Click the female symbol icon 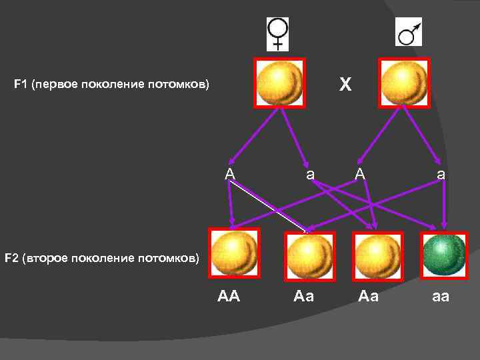coord(277,33)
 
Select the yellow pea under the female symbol coord(280,83)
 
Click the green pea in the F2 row coord(444,253)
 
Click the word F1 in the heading coord(21,85)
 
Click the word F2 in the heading coord(12,257)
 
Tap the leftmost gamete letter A coord(230,174)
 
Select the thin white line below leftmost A coord(267,207)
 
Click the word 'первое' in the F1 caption coord(58,85)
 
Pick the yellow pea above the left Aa coord(309,254)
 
